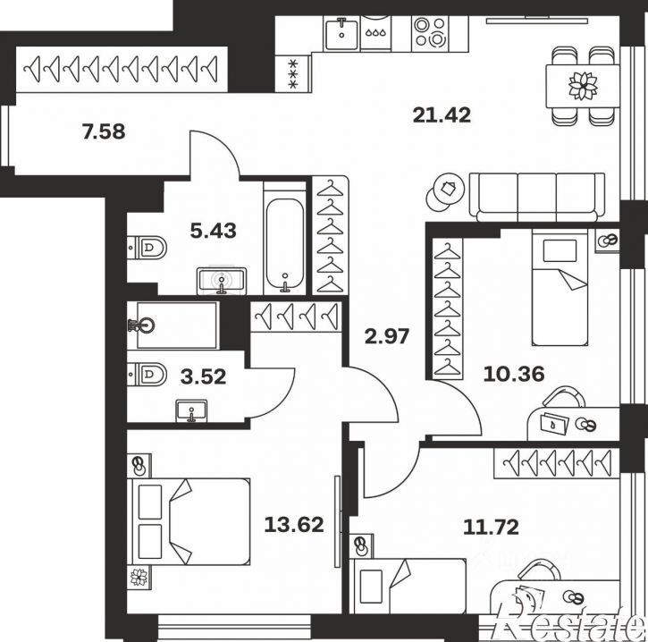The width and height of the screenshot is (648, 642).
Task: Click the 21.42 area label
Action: [442, 115]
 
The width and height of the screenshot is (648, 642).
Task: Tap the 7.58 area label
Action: [104, 131]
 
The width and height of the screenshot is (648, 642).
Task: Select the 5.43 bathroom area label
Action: [214, 231]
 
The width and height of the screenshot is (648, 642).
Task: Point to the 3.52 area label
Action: [203, 376]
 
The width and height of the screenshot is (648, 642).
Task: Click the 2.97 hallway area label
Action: [387, 336]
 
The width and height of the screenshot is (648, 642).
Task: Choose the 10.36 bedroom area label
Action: [514, 374]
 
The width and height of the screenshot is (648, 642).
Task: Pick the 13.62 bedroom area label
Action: [294, 525]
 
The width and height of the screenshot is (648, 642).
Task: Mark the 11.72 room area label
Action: [491, 527]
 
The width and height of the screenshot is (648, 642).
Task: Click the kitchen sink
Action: [341, 33]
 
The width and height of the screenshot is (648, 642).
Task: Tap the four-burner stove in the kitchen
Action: [429, 32]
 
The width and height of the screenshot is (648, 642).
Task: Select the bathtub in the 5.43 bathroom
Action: [285, 244]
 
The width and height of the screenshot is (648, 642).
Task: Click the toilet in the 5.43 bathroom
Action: [147, 248]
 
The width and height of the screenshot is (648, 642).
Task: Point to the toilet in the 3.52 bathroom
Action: [147, 374]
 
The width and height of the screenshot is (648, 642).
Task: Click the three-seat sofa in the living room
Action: [537, 198]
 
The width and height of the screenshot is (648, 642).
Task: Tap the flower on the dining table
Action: [583, 86]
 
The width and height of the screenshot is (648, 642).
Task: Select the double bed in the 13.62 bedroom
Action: [189, 521]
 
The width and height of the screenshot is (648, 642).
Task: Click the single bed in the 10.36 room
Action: [560, 287]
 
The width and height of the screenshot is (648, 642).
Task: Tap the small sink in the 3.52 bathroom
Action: [191, 411]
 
